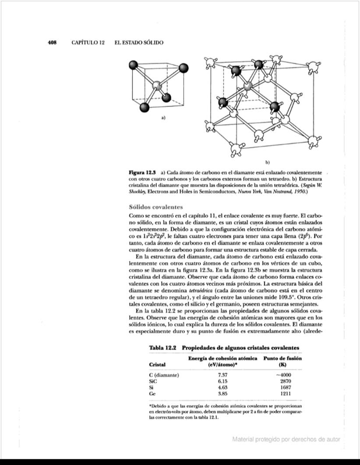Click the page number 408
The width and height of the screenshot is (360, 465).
tap(53, 42)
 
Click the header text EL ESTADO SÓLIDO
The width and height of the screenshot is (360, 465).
tap(138, 42)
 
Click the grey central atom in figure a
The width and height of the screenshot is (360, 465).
tap(156, 85)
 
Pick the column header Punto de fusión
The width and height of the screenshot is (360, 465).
tap(284, 359)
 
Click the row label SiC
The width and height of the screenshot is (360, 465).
tap(153, 381)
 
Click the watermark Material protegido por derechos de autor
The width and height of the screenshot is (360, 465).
tap(286, 439)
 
